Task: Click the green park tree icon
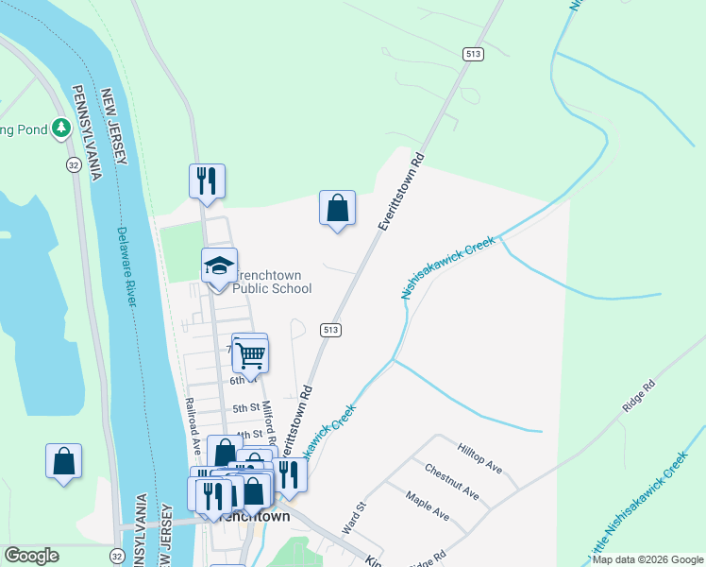click(62, 126)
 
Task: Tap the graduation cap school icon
click(219, 266)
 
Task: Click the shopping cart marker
click(251, 355)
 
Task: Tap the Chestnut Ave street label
click(451, 483)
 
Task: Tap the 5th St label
click(246, 408)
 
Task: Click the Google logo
click(32, 556)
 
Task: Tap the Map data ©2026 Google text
click(647, 559)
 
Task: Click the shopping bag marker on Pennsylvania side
click(63, 461)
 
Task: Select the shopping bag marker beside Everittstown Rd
click(337, 207)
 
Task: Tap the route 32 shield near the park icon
click(73, 164)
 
